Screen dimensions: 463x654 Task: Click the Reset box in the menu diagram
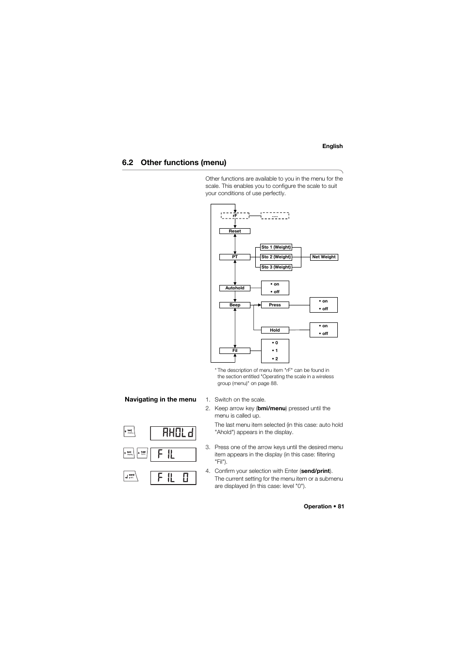tap(235, 231)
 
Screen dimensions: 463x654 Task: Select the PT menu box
tap(235, 257)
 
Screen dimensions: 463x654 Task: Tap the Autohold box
tap(235, 288)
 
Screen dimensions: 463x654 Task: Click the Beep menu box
tap(235, 305)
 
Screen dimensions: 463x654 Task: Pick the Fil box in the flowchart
tap(235, 351)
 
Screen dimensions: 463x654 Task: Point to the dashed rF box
tap(235, 216)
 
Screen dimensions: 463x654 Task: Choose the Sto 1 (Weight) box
tap(276, 247)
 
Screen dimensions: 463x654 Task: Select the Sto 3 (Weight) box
tap(276, 267)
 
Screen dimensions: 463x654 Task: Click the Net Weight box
tap(324, 257)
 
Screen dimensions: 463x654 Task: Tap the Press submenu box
tap(275, 305)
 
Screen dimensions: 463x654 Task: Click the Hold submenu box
tap(275, 330)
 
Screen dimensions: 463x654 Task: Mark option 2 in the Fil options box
tap(275, 359)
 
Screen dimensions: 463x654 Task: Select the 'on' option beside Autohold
tap(275, 284)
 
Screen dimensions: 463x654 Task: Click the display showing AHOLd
tap(173, 433)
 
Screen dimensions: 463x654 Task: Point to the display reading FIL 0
tap(173, 478)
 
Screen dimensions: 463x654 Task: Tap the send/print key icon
tap(131, 476)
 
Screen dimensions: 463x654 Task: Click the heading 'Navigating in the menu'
tap(160, 400)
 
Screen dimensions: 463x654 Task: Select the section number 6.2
tap(128, 163)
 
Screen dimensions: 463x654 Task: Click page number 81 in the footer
tap(341, 506)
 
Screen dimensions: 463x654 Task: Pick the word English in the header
tap(332, 146)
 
